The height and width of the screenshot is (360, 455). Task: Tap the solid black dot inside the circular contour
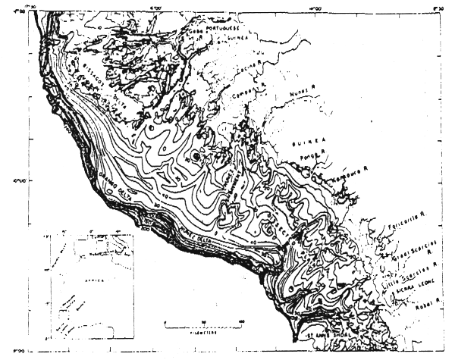pos(196,156)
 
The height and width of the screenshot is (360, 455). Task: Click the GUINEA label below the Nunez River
pos(307,141)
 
